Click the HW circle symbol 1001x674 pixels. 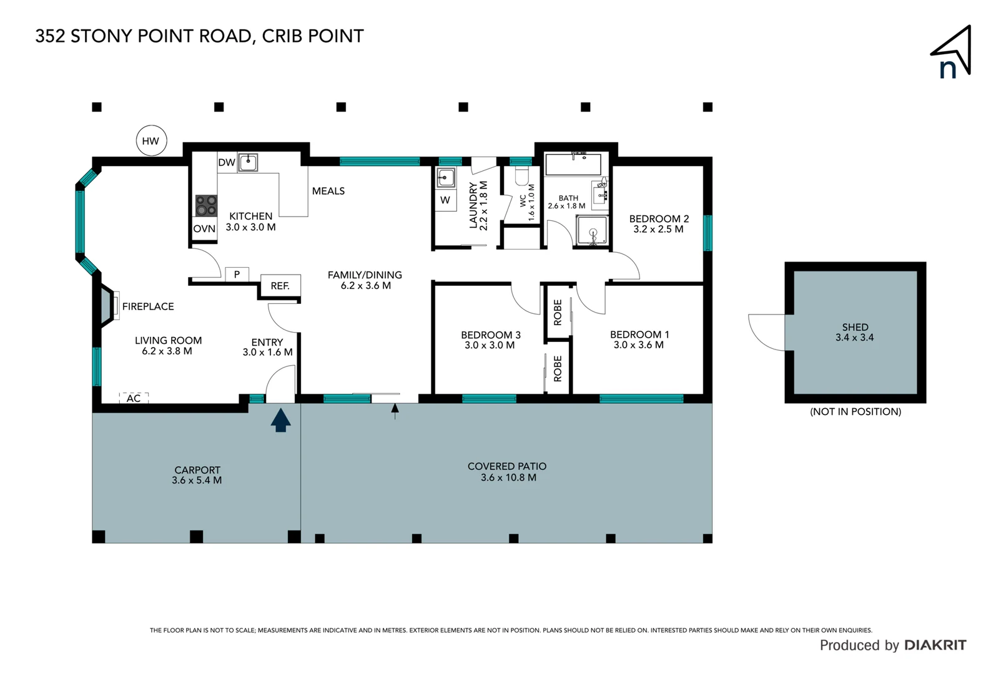click(x=150, y=141)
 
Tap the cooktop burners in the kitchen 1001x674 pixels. click(x=206, y=205)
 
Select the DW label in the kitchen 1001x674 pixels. click(x=226, y=162)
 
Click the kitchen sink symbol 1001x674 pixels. click(x=248, y=162)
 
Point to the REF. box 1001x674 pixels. click(x=280, y=286)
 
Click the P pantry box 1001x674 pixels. click(x=237, y=274)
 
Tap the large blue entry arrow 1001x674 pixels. click(x=280, y=420)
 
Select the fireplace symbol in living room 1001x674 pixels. click(x=107, y=306)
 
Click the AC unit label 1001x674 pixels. click(x=134, y=398)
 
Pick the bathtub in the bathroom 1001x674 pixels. click(x=573, y=165)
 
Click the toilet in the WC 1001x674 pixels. click(x=522, y=175)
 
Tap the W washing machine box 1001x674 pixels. click(x=445, y=200)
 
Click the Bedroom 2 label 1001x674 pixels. click(x=659, y=223)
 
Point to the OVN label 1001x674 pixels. click(x=204, y=229)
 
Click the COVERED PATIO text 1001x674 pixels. click(x=507, y=466)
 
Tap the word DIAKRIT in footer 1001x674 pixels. click(x=935, y=645)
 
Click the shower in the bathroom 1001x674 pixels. click(x=591, y=231)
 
